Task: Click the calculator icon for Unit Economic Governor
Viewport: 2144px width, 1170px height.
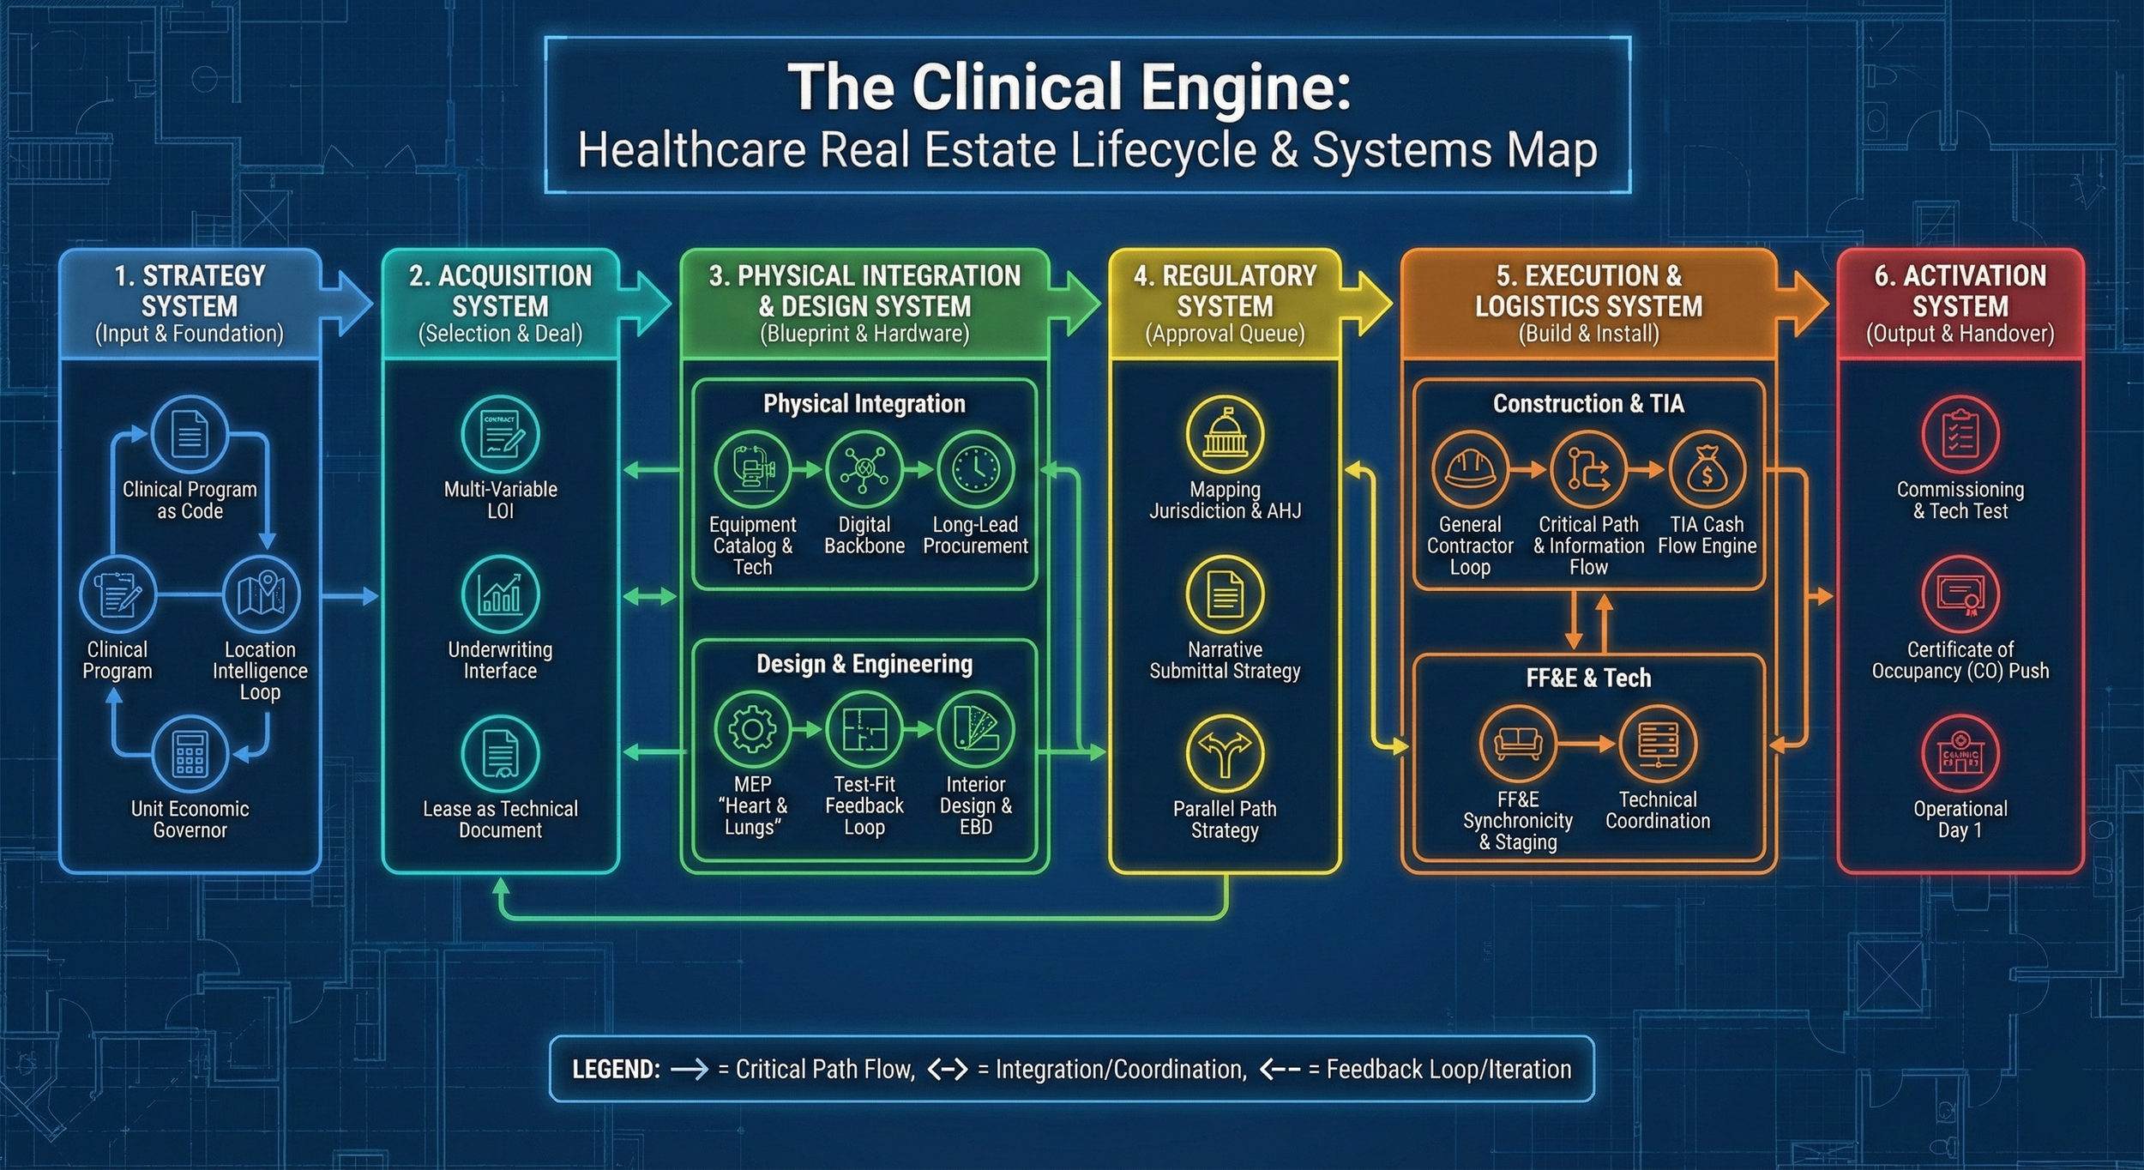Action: pos(190,754)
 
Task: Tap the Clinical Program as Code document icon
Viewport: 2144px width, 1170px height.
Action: pos(190,434)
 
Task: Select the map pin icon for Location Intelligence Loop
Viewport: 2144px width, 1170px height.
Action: pos(261,594)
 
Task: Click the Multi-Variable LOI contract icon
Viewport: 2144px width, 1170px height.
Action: pos(500,434)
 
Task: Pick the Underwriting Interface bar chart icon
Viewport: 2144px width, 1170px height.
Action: pos(500,594)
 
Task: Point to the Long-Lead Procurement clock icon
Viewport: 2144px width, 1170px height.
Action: pos(975,469)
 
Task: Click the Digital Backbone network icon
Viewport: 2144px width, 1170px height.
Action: pos(864,469)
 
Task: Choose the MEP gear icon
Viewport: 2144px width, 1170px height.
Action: pos(752,730)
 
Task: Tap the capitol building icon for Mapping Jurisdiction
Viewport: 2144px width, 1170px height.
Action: pos(1225,434)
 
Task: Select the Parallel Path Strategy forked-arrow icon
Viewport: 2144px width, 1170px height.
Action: pos(1225,754)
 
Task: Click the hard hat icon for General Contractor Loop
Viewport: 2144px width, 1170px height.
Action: pos(1470,469)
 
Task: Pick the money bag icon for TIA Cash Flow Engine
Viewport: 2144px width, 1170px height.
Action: pos(1707,469)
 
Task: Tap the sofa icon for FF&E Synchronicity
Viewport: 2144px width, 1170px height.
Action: pos(1517,744)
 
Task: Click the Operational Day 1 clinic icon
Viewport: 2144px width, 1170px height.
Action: pos(1960,754)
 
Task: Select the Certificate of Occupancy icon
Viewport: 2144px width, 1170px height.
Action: pos(1960,594)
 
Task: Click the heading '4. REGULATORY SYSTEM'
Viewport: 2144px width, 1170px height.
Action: pos(1225,291)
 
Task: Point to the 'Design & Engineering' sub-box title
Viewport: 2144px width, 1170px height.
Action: pos(864,664)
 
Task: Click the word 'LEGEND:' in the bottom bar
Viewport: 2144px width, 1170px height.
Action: pos(616,1070)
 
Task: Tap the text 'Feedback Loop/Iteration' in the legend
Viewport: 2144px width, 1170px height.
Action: pos(1448,1070)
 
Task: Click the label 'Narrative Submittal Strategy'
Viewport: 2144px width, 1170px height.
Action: pos(1225,660)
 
